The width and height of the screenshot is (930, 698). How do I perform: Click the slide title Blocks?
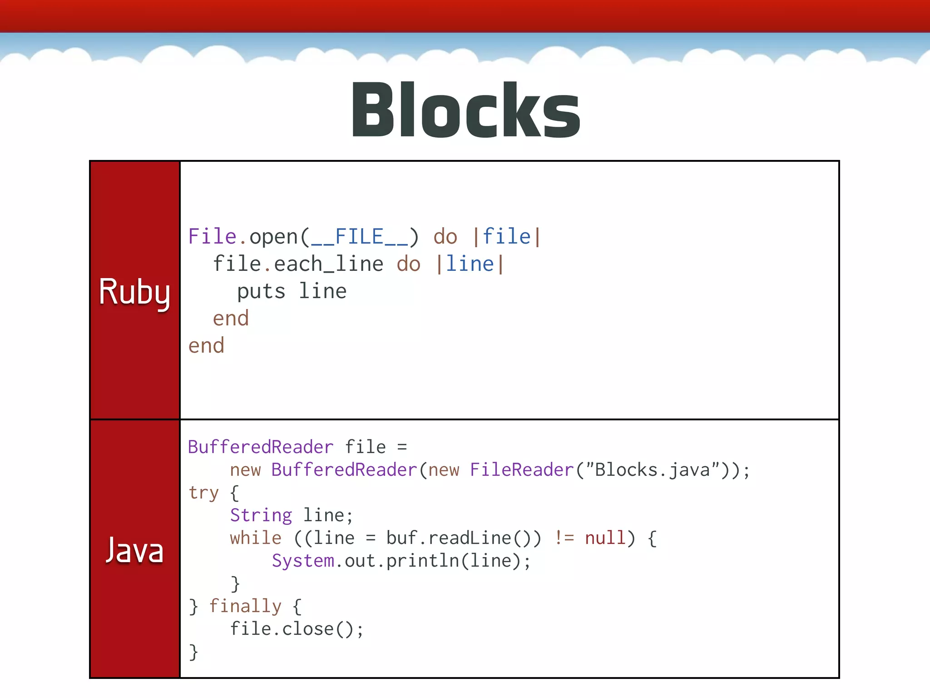[465, 110]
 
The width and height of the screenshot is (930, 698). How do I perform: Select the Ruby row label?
[134, 292]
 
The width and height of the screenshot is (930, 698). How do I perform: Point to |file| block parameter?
[506, 237]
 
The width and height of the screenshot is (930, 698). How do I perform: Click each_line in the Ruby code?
[329, 264]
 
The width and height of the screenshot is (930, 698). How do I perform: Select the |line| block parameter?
[470, 264]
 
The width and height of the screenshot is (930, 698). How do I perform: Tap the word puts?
[261, 292]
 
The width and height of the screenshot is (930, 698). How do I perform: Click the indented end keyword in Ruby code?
[231, 319]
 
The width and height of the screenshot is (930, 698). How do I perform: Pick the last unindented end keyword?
[206, 346]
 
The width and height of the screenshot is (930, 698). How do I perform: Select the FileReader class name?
[522, 470]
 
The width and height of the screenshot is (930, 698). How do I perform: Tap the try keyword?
[203, 493]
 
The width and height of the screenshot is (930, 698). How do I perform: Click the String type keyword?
[261, 516]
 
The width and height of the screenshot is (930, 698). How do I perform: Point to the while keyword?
[256, 538]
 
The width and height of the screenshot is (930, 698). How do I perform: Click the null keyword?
[605, 538]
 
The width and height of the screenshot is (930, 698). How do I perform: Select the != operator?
[564, 538]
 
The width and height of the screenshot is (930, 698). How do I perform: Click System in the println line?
[303, 561]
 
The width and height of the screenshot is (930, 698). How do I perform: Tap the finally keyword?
[245, 607]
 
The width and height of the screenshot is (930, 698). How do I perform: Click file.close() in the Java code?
[296, 629]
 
